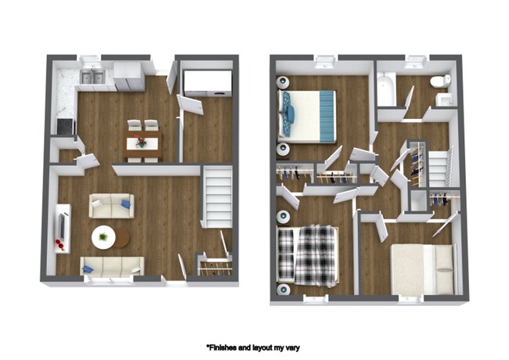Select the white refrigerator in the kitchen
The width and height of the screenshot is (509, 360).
tap(128, 75)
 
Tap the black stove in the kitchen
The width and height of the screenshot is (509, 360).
tap(63, 124)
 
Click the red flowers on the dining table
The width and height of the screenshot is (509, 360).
tap(141, 142)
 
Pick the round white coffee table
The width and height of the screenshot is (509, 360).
tap(103, 236)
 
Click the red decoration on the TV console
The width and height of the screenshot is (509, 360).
tap(60, 246)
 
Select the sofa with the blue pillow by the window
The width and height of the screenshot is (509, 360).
tap(112, 266)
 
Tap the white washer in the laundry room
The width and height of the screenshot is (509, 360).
tap(207, 83)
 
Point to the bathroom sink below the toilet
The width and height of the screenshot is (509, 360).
tap(443, 99)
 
